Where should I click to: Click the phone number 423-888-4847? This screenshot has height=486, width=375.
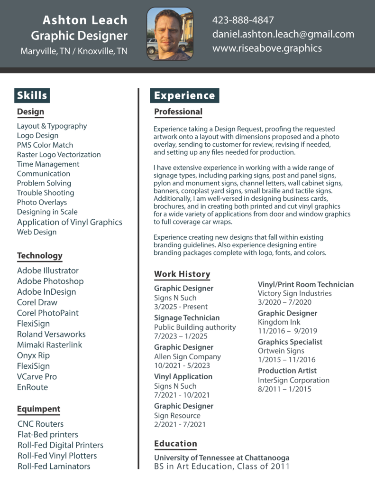pyautogui.click(x=243, y=20)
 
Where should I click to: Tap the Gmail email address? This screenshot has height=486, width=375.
pyautogui.click(x=283, y=34)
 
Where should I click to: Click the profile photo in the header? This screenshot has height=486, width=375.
pyautogui.click(x=170, y=34)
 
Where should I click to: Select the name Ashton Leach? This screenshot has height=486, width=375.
pyautogui.click(x=85, y=20)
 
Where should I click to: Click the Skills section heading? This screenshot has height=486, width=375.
pyautogui.click(x=32, y=95)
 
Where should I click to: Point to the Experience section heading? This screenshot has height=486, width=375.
pyautogui.click(x=184, y=95)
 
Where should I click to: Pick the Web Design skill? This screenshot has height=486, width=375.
pyautogui.click(x=37, y=232)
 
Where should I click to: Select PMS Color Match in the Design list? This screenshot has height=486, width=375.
pyautogui.click(x=45, y=145)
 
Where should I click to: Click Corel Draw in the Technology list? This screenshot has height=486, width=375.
pyautogui.click(x=37, y=302)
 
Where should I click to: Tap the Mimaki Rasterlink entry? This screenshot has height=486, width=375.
pyautogui.click(x=49, y=345)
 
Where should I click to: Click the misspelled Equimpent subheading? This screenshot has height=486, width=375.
pyautogui.click(x=38, y=409)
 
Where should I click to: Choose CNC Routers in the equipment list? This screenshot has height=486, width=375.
pyautogui.click(x=40, y=424)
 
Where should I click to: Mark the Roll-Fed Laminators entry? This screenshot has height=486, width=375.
pyautogui.click(x=54, y=467)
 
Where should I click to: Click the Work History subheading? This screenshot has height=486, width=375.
pyautogui.click(x=182, y=274)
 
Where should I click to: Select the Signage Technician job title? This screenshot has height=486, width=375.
pyautogui.click(x=187, y=318)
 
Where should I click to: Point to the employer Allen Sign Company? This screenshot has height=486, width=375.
pyautogui.click(x=187, y=356)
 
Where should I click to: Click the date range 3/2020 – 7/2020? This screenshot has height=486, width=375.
pyautogui.click(x=284, y=302)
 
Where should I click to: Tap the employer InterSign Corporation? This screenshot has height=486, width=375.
pyautogui.click(x=293, y=380)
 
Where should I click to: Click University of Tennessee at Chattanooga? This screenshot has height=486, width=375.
pyautogui.click(x=221, y=458)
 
